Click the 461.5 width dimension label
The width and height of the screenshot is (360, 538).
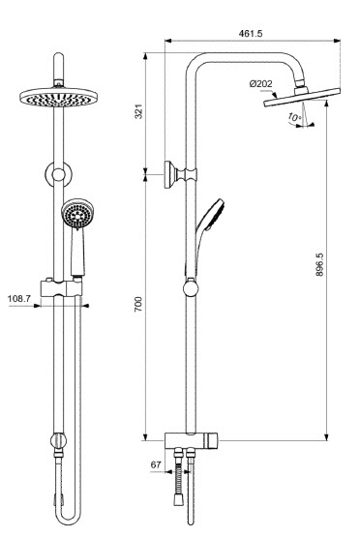tap(251, 33)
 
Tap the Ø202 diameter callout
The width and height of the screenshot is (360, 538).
tap(261, 84)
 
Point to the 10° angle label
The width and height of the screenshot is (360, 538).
tap(294, 117)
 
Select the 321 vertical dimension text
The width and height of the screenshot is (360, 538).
tap(138, 111)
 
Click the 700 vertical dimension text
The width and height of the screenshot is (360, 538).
tap(138, 304)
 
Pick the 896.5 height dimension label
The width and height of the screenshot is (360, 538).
tap(319, 264)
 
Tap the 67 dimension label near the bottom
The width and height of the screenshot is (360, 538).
tap(156, 464)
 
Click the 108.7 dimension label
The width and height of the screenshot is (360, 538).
tap(19, 298)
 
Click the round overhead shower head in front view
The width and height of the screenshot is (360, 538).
tap(59, 97)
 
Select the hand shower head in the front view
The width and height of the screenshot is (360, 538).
tap(77, 215)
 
